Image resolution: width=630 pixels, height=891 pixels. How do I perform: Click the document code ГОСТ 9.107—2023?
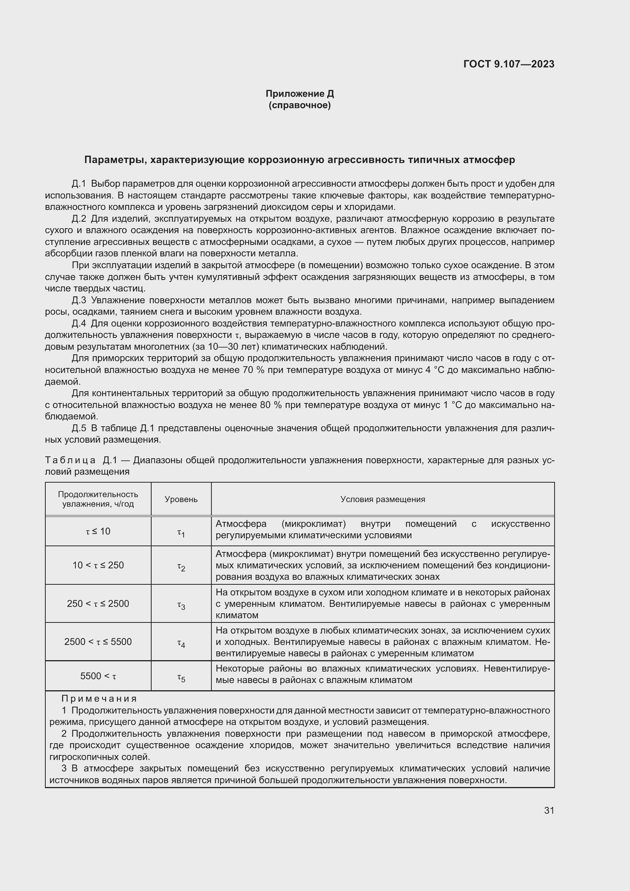[508, 64]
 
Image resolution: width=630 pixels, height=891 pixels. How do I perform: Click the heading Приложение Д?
[299, 94]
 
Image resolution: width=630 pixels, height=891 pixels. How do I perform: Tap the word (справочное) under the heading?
[299, 105]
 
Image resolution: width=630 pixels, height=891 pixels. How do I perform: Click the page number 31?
[549, 810]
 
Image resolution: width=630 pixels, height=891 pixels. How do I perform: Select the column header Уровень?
[181, 499]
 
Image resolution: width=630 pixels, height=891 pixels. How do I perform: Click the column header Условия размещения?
[382, 499]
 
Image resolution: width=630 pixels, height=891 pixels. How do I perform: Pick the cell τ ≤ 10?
[98, 531]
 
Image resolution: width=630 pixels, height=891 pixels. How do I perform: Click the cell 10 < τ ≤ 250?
[98, 565]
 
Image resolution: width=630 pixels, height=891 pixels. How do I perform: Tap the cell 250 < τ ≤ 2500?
[98, 603]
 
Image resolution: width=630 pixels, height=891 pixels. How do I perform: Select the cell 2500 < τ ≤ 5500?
[98, 641]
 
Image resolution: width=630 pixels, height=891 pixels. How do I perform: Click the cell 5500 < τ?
[98, 676]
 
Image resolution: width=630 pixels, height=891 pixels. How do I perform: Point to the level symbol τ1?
[181, 534]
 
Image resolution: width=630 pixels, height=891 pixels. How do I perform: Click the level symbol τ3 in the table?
[181, 605]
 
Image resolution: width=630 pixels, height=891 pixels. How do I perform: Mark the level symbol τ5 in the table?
[181, 678]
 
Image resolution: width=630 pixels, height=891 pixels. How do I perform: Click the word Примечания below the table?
[99, 699]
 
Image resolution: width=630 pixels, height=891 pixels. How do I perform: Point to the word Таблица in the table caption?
[70, 461]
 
